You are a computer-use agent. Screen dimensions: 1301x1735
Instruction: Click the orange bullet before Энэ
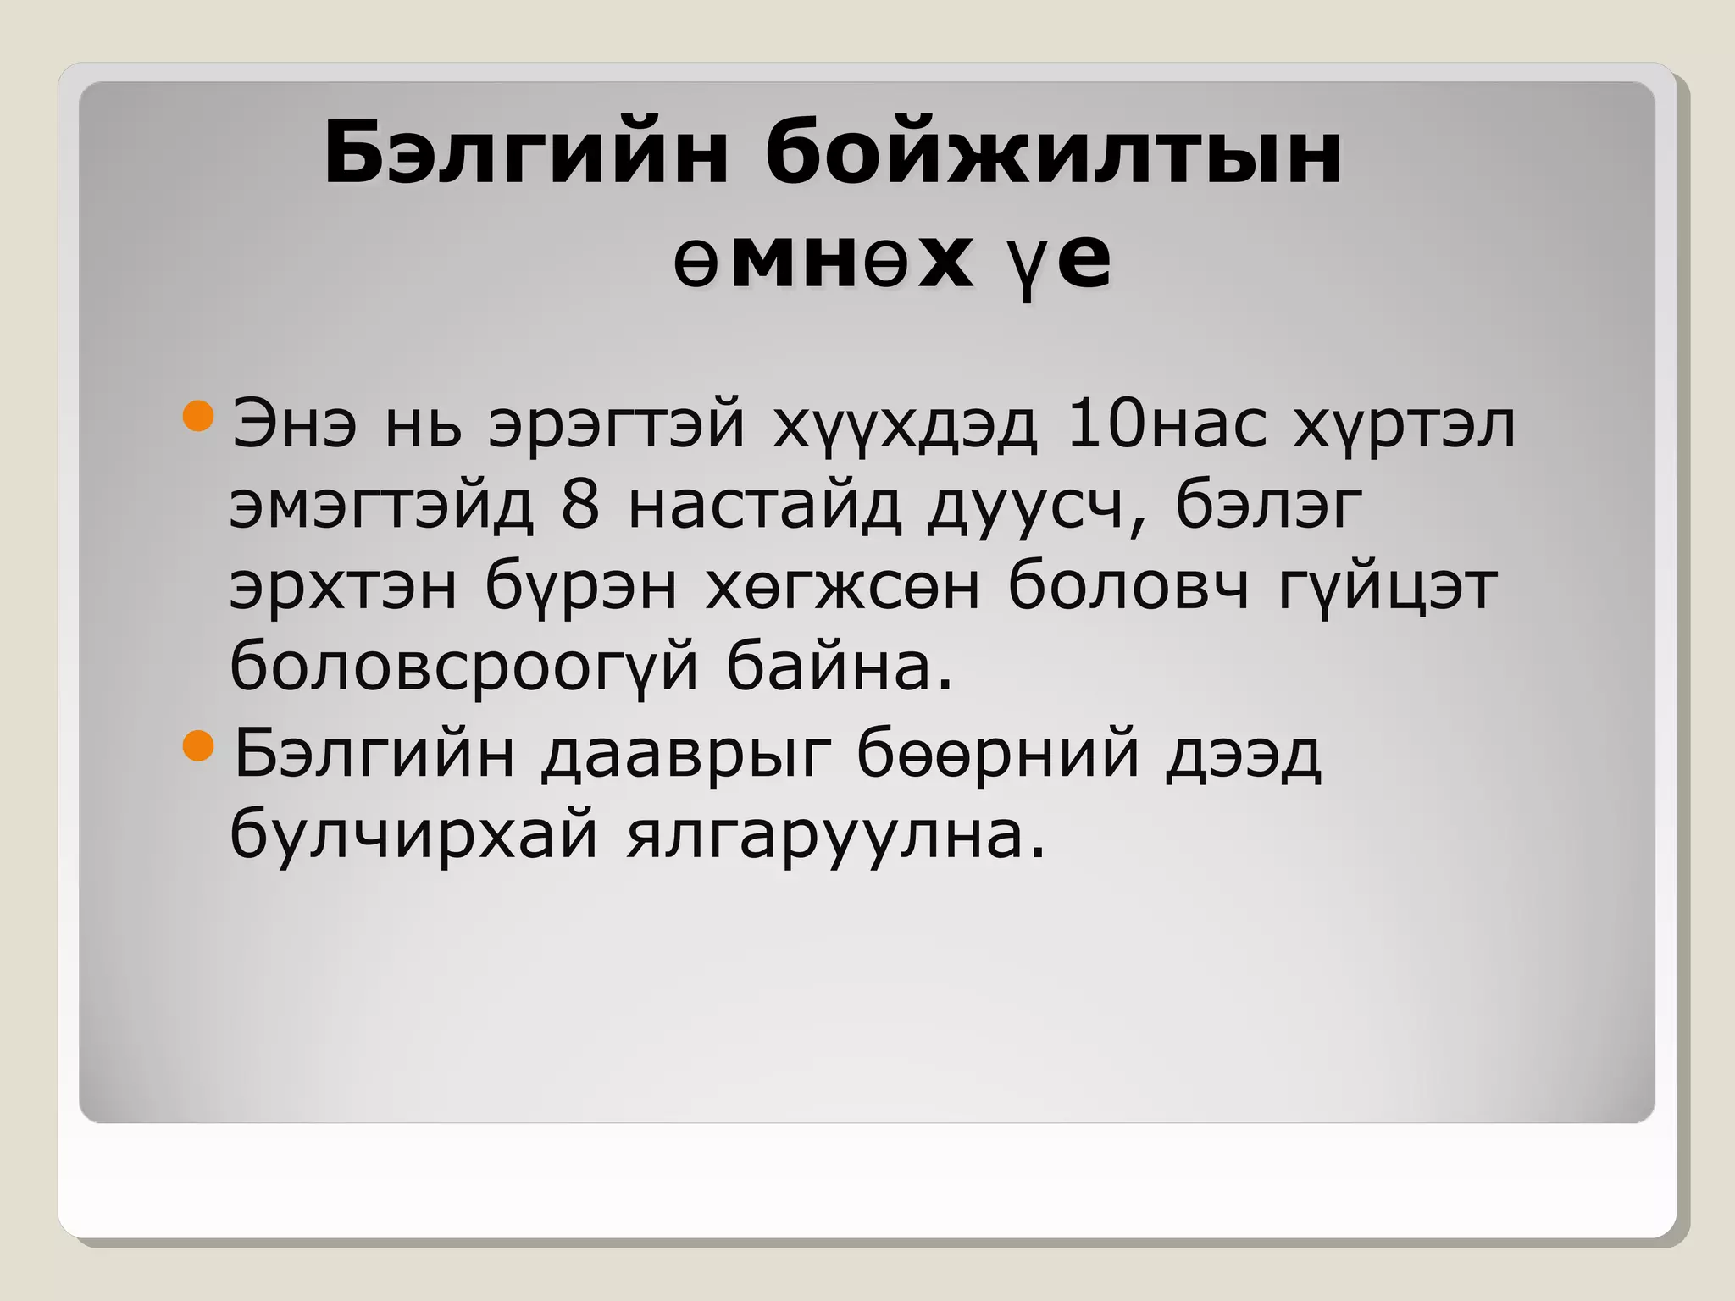pos(199,417)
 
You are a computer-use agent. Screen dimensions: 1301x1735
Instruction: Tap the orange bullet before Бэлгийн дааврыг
pos(199,746)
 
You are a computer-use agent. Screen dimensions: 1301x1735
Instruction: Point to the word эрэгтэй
pos(617,426)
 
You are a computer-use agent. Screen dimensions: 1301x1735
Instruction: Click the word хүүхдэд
pos(904,426)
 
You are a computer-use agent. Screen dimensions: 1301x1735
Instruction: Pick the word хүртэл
pos(1403,426)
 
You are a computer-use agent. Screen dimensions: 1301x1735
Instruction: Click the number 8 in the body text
pos(580,507)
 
